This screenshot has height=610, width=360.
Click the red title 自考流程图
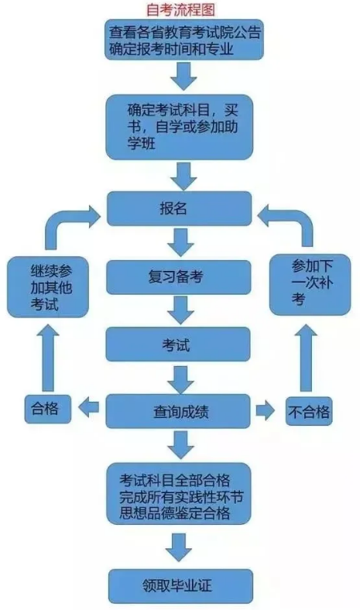point(180,10)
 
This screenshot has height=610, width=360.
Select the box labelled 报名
point(179,208)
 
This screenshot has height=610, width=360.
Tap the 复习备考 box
point(179,277)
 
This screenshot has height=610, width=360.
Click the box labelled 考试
point(178,344)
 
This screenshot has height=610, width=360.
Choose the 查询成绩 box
point(178,411)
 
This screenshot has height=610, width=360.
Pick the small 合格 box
point(47,409)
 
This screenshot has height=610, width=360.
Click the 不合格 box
point(309,411)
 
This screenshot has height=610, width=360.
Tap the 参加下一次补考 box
point(310,284)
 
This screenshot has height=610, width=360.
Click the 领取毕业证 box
point(180,586)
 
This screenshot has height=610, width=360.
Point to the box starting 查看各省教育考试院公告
point(184,40)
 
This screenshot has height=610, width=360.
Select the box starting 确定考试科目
point(180,127)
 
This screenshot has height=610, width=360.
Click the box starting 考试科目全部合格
point(179,493)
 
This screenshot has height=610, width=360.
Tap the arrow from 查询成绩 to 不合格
point(266,411)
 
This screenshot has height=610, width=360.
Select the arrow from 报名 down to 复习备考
point(180,242)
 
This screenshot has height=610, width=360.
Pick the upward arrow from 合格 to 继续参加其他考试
point(48,358)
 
